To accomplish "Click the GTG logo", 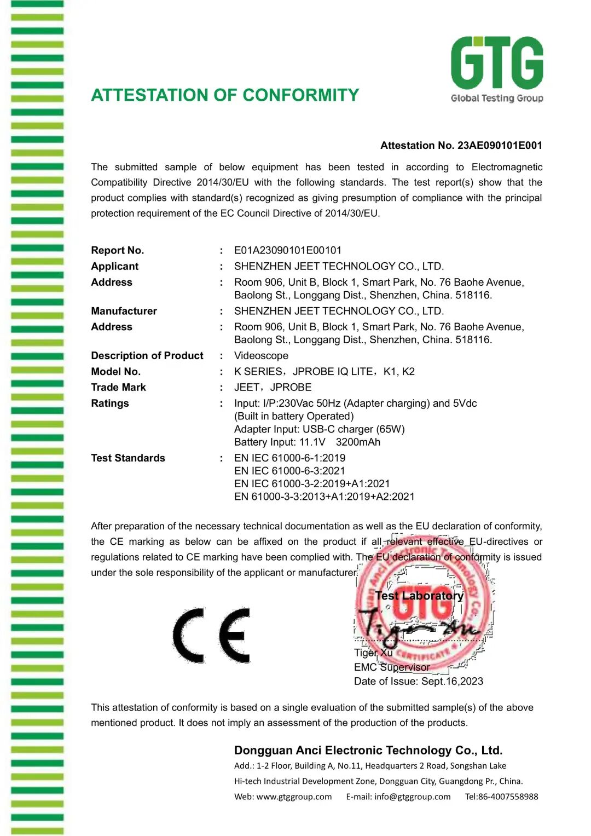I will coord(496,68).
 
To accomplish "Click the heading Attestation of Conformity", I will coord(225,95).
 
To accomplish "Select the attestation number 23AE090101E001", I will coord(500,146).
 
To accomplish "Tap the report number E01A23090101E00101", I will coord(288,250).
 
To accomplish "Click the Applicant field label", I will coord(115,266).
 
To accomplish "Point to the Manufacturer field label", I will coord(124,311).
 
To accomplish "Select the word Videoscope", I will coord(261,355).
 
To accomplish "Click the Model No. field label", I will coord(116,371).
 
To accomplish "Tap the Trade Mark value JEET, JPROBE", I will coord(273,387).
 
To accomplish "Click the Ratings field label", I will coord(110,403).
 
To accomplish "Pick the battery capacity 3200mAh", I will coord(358,442).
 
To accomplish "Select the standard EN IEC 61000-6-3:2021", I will coord(289,471).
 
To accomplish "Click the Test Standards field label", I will coord(128,458).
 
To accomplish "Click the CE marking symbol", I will coord(212,635).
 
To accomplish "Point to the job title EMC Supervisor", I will coord(392,667).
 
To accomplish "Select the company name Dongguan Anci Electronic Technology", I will coord(368,750).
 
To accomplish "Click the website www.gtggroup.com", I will coord(294,797).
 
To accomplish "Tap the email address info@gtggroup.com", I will coord(412,797).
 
